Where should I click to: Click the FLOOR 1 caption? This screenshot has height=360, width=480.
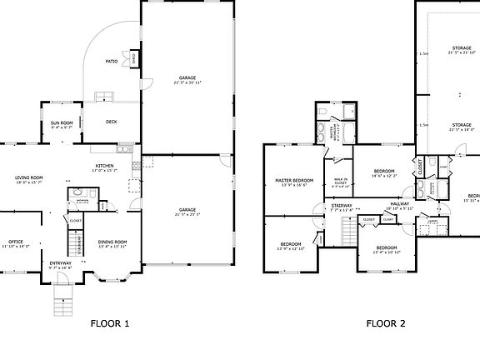(x=110, y=323)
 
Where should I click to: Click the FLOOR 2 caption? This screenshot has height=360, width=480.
(x=386, y=323)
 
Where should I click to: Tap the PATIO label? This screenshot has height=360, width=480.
(x=110, y=61)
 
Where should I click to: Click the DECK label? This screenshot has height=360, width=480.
(x=111, y=122)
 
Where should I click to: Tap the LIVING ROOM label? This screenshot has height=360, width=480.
(x=29, y=177)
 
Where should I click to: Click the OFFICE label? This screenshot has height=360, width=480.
(x=15, y=242)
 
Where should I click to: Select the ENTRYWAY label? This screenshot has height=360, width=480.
(x=61, y=262)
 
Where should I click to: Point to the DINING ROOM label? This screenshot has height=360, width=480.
(x=112, y=242)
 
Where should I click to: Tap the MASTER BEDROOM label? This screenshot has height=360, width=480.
(x=294, y=180)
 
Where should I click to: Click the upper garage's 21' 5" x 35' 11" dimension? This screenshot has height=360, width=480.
(x=187, y=82)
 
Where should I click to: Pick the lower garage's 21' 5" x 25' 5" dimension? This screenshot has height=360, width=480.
(x=187, y=214)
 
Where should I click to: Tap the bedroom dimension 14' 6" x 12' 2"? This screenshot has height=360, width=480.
(x=383, y=175)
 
